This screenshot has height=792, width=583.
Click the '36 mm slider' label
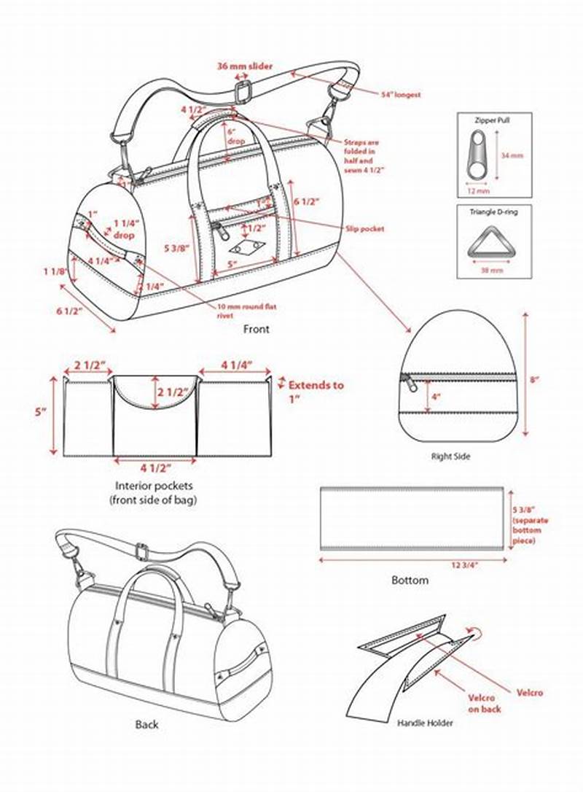tap(245, 66)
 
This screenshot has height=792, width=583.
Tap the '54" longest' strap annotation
tap(401, 95)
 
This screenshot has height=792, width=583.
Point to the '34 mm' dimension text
tap(512, 155)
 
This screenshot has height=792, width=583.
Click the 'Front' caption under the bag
tap(256, 329)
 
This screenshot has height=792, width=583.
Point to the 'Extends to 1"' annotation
tap(315, 390)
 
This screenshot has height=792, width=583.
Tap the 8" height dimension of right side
tap(533, 379)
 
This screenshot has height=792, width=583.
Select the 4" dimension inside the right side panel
tap(437, 397)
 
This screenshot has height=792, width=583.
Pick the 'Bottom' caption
tap(410, 581)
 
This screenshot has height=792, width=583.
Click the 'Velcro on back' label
tap(484, 703)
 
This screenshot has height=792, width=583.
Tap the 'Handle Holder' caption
tap(425, 723)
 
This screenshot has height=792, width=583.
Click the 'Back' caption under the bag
tap(146, 724)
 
